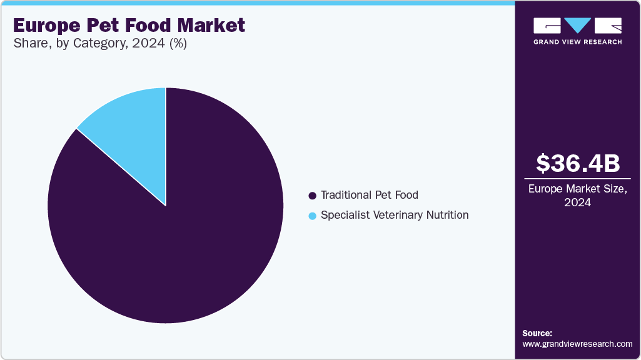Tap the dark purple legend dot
pos(313,196)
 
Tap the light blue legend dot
pos(313,216)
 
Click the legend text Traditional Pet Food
pos(369,195)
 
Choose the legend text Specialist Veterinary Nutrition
pos(394,215)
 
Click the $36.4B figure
pos(578,163)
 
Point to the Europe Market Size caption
pos(578,189)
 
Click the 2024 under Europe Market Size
pos(578,202)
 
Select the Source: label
pos(537,334)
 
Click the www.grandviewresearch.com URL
pos(577,344)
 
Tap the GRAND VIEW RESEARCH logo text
pos(577,42)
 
